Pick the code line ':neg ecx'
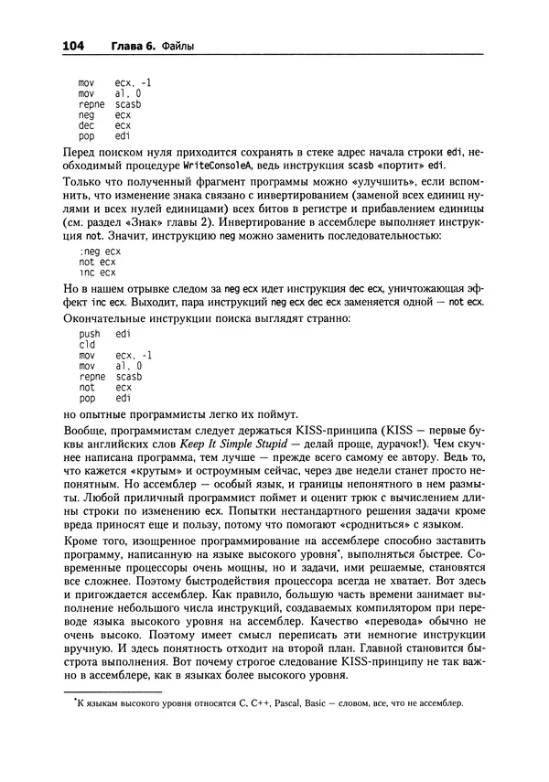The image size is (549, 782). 100,250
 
